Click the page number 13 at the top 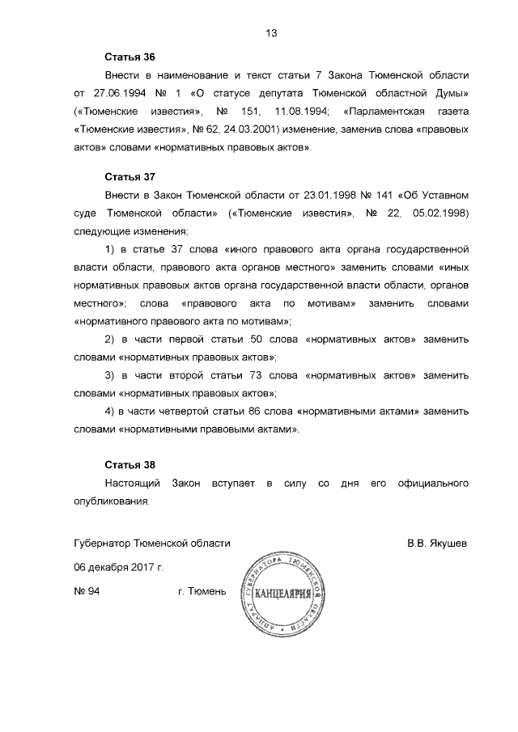pos(271,33)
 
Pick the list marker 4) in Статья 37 pos(113,412)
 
